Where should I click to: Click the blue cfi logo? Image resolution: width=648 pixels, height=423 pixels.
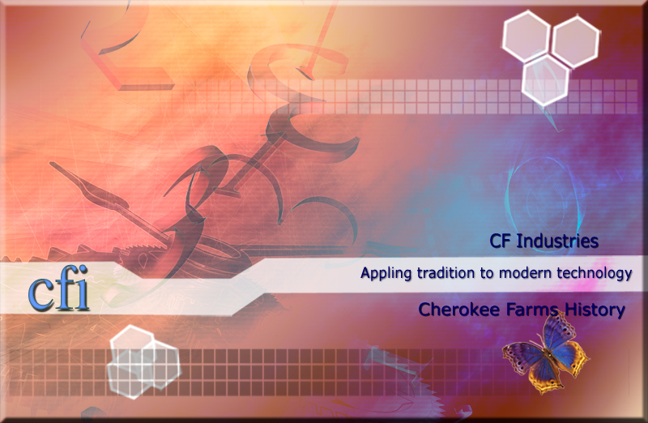pyautogui.click(x=58, y=293)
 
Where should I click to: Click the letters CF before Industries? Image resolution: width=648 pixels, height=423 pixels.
pyautogui.click(x=504, y=241)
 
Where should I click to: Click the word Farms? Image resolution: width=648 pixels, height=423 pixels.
pyautogui.click(x=524, y=309)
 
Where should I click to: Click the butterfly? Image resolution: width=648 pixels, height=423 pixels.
pyautogui.click(x=544, y=353)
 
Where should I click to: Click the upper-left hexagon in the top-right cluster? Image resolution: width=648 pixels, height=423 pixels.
pyautogui.click(x=529, y=35)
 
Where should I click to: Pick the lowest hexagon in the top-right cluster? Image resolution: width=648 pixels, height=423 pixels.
pyautogui.click(x=545, y=81)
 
